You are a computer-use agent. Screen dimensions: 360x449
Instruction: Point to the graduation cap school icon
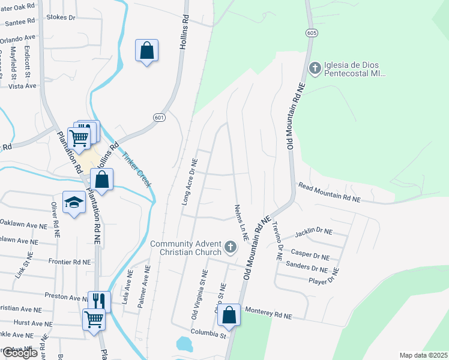[74, 202]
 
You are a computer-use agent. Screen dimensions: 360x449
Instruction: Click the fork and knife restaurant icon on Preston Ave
[99, 300]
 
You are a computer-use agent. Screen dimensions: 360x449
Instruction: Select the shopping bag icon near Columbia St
[229, 314]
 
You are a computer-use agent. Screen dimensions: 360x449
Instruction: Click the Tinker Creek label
[136, 169]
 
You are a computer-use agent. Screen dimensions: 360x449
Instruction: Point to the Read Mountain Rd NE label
[329, 192]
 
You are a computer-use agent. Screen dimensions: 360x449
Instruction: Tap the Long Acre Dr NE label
[189, 181]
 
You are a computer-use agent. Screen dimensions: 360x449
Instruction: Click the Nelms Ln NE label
[240, 222]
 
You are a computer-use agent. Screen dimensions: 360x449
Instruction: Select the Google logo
[19, 353]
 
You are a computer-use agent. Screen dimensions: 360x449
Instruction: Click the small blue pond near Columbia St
[184, 344]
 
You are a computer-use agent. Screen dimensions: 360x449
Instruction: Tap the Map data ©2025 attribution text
[423, 355]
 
